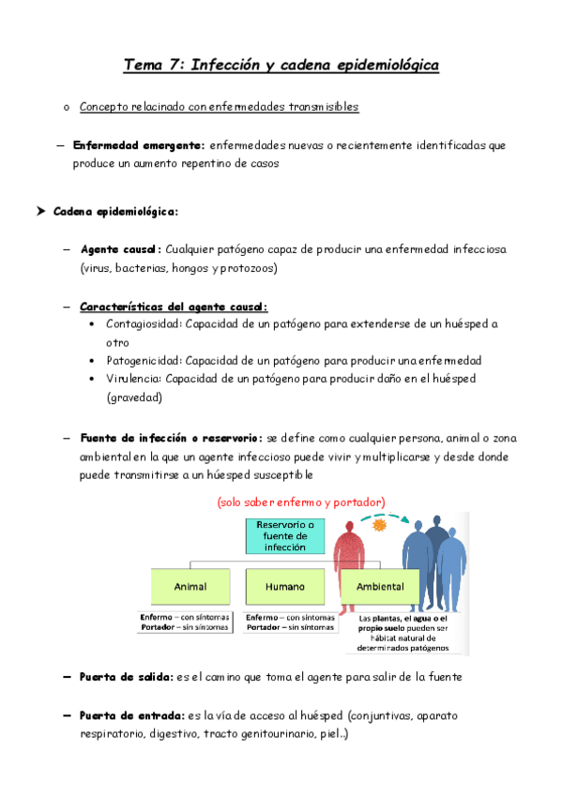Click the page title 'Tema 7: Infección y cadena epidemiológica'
click(x=281, y=65)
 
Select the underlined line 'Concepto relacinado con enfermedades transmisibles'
click(x=219, y=107)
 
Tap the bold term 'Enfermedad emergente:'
click(x=139, y=145)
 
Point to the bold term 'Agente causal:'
click(x=121, y=250)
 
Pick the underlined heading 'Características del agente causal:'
click(x=174, y=307)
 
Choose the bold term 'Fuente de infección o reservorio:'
click(x=172, y=438)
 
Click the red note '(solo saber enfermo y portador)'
click(x=300, y=502)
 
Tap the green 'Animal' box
click(x=190, y=587)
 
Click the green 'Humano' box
click(x=284, y=587)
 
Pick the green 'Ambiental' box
click(x=380, y=587)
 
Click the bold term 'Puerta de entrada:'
click(x=129, y=715)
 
